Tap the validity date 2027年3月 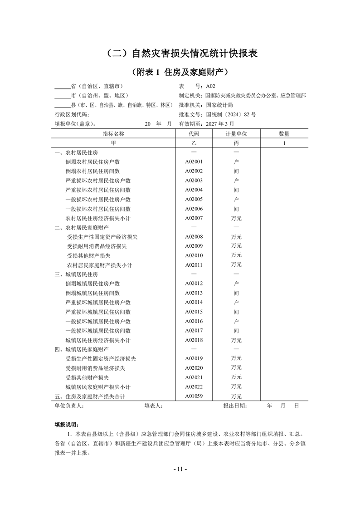(220, 123)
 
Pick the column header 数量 (284, 134)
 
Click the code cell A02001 (194, 162)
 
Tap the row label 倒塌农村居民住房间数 (92, 171)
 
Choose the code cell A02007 (194, 218)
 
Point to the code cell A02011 (194, 265)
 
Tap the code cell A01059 (194, 396)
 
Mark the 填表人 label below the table (153, 406)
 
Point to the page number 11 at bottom (180, 469)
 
